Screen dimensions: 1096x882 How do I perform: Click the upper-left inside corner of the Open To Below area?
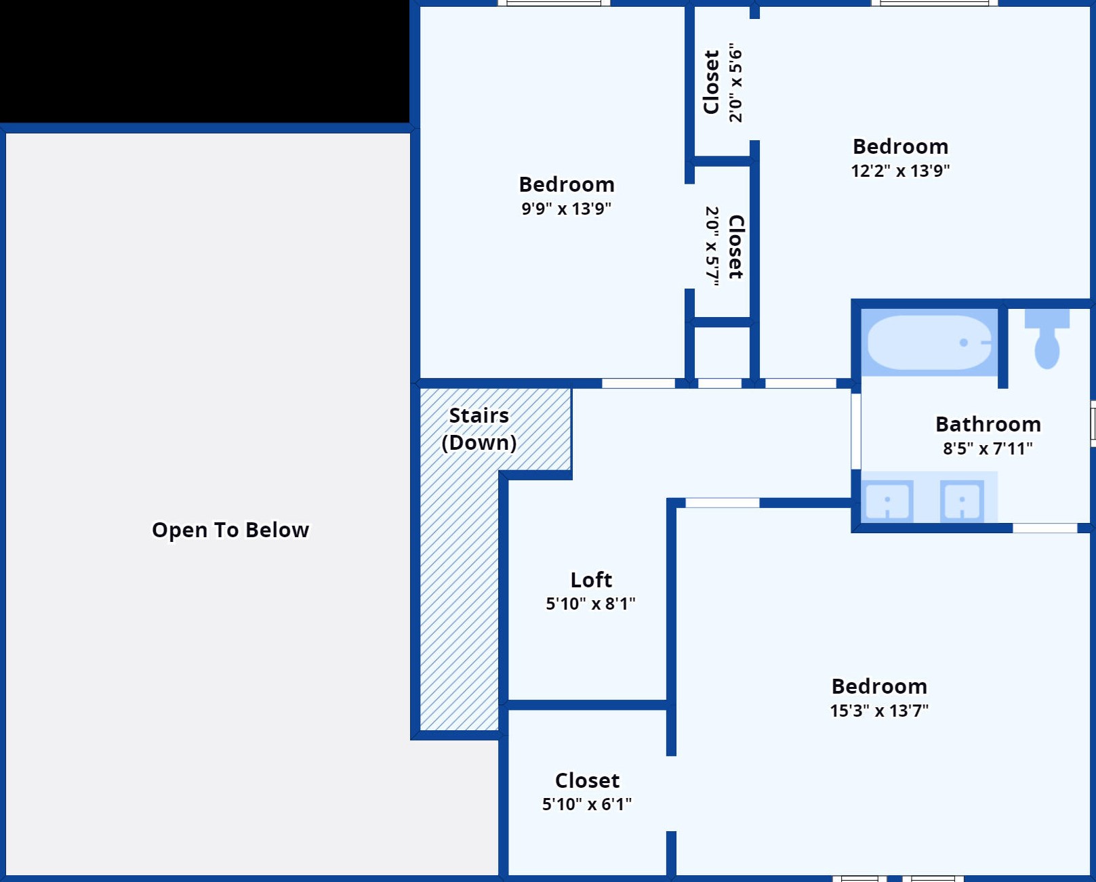6,133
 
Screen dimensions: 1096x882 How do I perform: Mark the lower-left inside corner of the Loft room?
508,700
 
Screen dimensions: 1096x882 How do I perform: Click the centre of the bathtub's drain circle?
964,343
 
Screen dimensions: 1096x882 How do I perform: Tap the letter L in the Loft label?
575,580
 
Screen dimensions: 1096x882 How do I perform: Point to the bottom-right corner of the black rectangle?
409,123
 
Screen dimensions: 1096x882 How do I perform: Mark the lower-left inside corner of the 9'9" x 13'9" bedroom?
420,379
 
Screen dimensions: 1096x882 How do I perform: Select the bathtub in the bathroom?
929,343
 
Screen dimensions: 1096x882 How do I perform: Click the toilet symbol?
1047,339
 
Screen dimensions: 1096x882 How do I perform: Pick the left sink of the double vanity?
887,501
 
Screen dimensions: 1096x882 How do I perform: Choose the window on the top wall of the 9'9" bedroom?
554,3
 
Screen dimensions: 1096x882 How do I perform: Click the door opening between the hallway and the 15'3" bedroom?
722,503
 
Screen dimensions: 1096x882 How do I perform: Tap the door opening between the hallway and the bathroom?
856,431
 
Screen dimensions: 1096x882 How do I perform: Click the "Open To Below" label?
230,530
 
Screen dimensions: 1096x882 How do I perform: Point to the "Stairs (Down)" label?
479,429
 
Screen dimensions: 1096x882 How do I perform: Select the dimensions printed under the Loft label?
591,604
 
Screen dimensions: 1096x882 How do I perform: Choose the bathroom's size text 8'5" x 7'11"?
988,448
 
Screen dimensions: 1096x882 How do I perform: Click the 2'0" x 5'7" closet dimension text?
712,246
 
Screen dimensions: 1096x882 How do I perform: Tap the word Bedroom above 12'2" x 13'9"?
900,146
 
